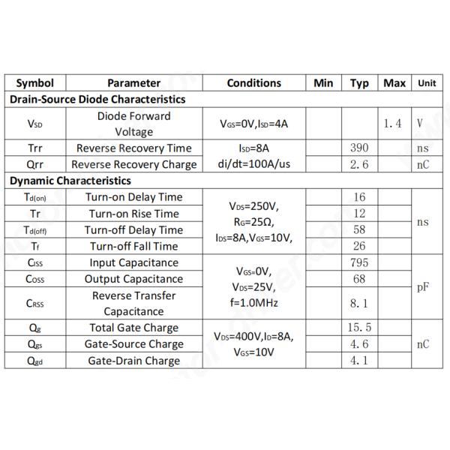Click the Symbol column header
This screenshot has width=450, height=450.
coord(35,83)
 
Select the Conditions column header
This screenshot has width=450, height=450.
coord(254,83)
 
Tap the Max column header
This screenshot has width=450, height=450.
coord(394,83)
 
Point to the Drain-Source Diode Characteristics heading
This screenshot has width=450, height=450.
coord(97,99)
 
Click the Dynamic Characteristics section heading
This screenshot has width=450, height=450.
coord(70,181)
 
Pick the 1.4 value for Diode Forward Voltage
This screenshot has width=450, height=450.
coord(393,124)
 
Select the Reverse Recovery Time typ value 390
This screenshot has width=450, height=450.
coord(359,148)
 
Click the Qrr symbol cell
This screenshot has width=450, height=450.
coord(35,164)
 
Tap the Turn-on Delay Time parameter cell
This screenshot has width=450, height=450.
coord(133,197)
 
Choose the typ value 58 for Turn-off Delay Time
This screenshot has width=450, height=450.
coord(359,229)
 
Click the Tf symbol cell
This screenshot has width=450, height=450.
coord(35,246)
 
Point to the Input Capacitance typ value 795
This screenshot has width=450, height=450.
coord(359,262)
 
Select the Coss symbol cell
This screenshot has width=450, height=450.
coord(35,279)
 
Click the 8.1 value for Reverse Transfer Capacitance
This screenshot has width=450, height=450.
coord(359,303)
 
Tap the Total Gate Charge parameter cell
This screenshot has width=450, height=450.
coord(133,328)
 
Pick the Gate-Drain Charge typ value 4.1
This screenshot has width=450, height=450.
coord(359,361)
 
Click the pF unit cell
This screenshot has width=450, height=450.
coord(424,287)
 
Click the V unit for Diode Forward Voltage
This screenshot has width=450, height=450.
coord(421,124)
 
